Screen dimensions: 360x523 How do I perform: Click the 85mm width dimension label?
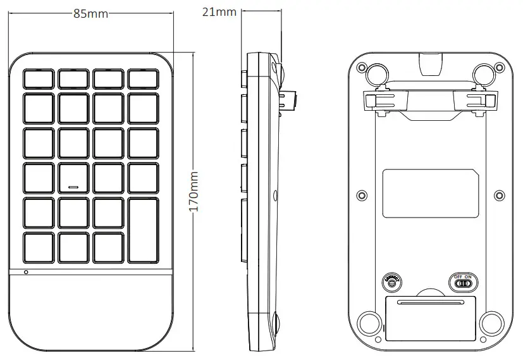pos(90,14)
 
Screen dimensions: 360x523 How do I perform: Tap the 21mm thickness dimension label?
pos(219,11)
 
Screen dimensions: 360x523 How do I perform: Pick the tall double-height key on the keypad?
pos(143,231)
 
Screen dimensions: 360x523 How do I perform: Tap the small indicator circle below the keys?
pos(26,272)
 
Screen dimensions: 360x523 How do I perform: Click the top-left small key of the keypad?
pos(39,79)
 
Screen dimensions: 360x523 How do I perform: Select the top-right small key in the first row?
pos(143,79)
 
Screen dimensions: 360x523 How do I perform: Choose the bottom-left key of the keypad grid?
pos(39,247)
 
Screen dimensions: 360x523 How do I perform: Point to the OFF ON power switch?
pos(464,282)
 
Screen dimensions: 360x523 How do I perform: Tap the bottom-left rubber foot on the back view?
pos(368,323)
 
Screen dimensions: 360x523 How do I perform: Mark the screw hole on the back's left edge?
pos(362,194)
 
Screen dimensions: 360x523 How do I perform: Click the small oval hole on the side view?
pos(276,196)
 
